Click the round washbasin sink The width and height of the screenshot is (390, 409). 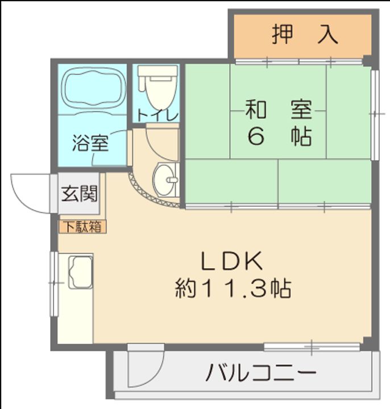(166, 180)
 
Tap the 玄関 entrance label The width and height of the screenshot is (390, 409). (79, 194)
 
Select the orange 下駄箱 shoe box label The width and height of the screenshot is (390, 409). (81, 227)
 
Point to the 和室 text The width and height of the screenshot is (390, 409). (279, 109)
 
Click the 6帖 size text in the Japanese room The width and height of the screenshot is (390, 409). (279, 136)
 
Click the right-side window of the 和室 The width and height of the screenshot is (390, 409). (374, 114)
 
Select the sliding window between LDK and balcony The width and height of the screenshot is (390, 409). (312, 345)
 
